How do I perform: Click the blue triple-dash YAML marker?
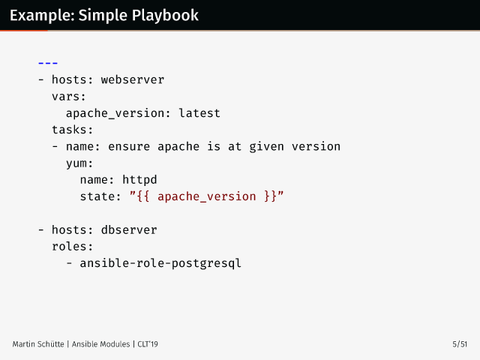click(x=48, y=63)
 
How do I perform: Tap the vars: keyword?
click(x=69, y=96)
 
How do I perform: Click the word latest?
click(x=199, y=113)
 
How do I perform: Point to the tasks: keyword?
click(x=73, y=130)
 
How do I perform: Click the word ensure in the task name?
click(x=129, y=146)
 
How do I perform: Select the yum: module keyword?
click(x=79, y=163)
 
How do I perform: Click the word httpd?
click(x=139, y=179)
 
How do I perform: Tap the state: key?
click(x=100, y=196)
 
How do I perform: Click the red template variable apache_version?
click(x=207, y=196)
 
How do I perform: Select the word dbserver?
click(x=129, y=229)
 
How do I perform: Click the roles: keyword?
click(x=73, y=246)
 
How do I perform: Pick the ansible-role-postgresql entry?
click(x=160, y=262)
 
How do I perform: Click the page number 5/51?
click(x=460, y=344)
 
